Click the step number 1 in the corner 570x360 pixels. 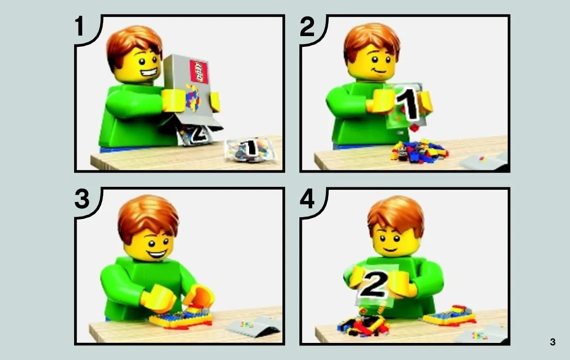(x=79, y=26)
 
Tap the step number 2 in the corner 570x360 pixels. (x=307, y=26)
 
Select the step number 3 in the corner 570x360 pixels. (x=82, y=199)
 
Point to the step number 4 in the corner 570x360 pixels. (x=307, y=200)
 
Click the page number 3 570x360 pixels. (x=552, y=342)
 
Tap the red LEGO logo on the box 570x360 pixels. (x=199, y=72)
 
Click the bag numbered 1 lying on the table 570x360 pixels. (x=250, y=149)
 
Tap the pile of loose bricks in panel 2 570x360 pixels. (x=419, y=151)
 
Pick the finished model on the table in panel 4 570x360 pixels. (x=450, y=316)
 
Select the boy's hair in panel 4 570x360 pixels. (x=395, y=215)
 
